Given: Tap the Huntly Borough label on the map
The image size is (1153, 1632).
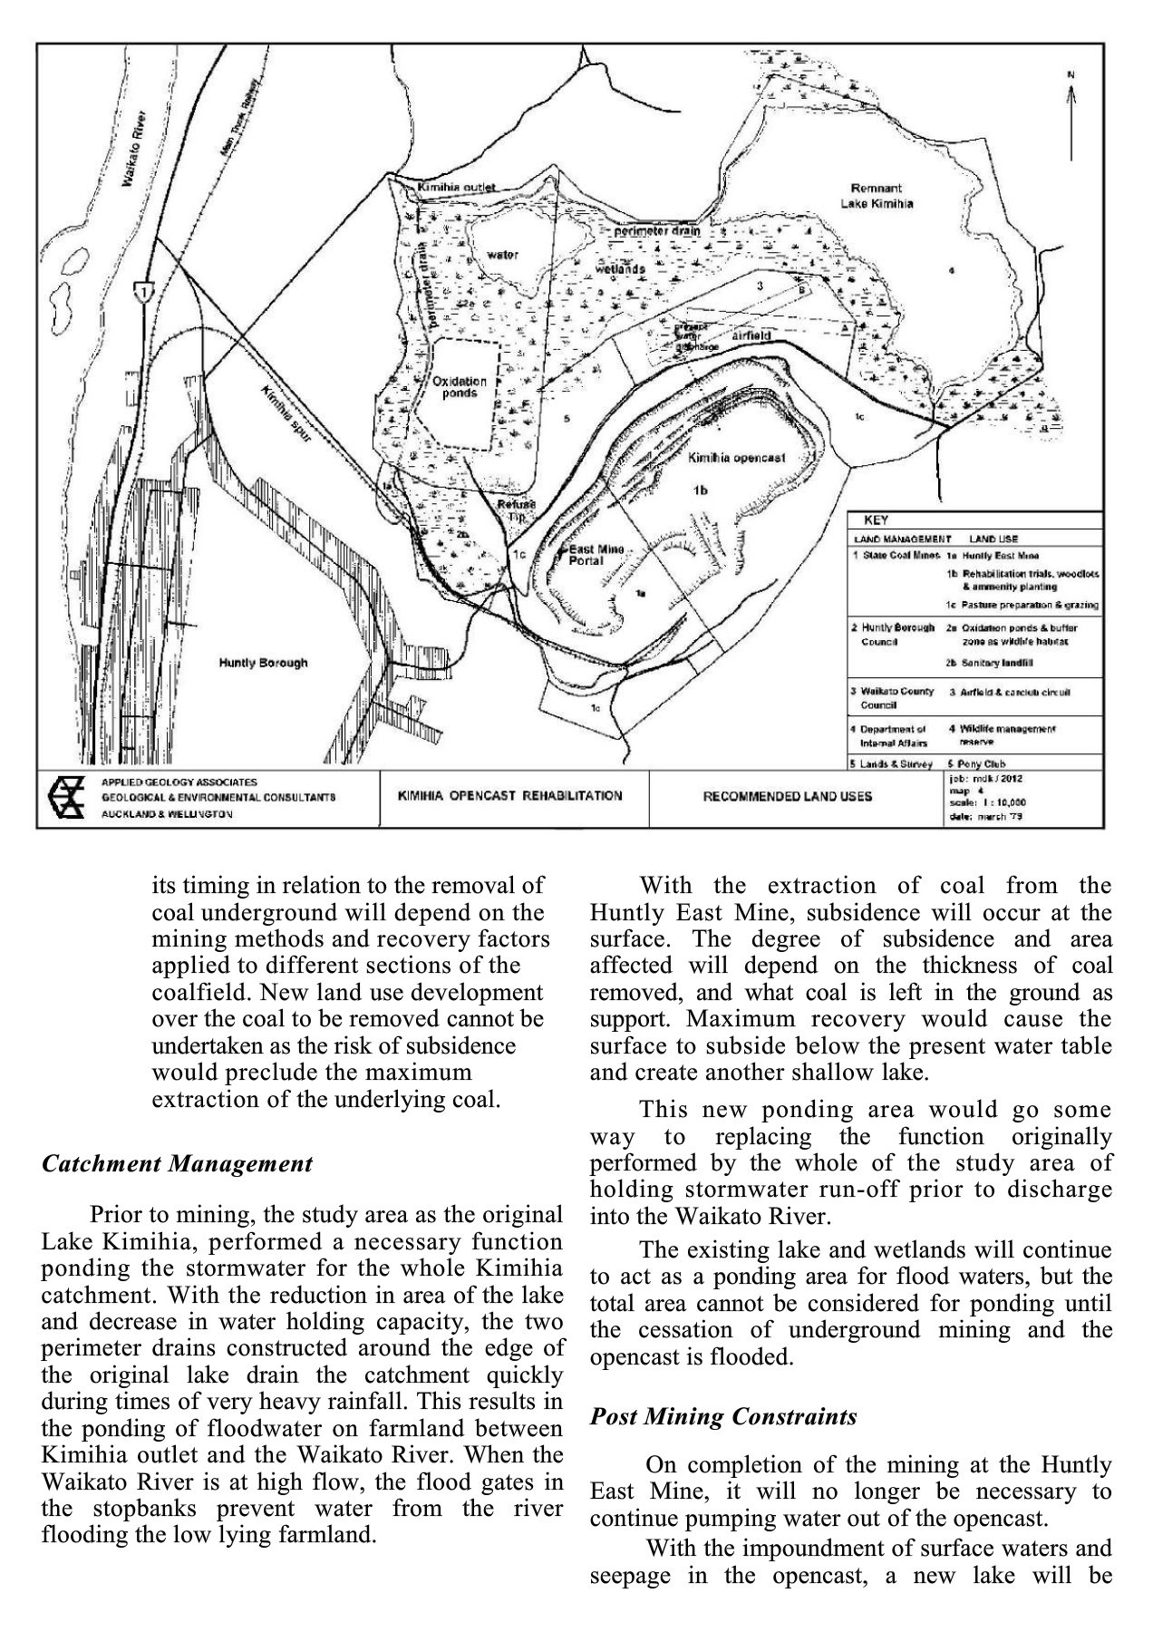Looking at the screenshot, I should click(263, 663).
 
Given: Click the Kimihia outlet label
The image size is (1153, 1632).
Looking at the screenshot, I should click(457, 188).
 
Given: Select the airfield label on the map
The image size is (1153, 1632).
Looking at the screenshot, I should click(751, 335).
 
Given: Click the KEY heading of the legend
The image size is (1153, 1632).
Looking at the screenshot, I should click(876, 520).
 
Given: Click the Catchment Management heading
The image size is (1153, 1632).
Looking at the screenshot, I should click(178, 1164).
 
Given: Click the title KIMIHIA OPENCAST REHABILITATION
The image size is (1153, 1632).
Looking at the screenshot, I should click(510, 796).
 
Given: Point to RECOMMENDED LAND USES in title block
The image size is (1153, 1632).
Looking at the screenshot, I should click(788, 797).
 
